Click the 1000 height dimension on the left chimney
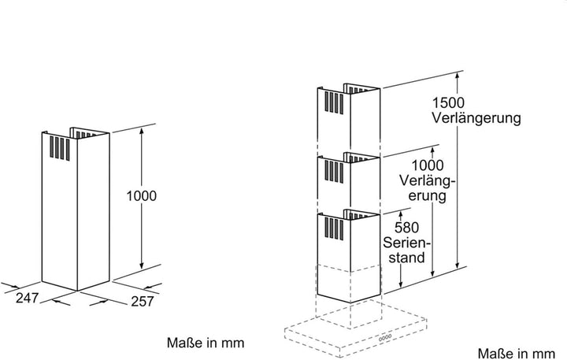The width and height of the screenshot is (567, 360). click(142, 196)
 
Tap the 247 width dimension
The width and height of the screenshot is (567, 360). click(27, 298)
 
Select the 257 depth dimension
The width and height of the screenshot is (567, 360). click(142, 301)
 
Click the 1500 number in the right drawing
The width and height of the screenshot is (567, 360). click(448, 102)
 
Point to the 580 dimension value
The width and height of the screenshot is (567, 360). click(407, 228)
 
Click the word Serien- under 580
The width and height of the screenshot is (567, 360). click(407, 243)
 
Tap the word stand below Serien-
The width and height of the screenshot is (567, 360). click(407, 258)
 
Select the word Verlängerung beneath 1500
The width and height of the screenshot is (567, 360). click(476, 119)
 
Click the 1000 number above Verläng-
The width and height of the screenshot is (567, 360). click(428, 165)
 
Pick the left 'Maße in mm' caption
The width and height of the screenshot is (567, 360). click(206, 343)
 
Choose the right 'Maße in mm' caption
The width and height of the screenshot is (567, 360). click(516, 353)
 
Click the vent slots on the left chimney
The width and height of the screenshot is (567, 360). click(60, 148)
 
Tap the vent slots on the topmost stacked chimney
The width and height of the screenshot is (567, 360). click(334, 102)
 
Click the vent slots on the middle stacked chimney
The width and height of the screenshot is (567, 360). click(334, 171)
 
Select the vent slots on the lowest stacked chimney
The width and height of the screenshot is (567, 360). click(334, 228)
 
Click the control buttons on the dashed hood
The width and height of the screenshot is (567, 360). click(385, 338)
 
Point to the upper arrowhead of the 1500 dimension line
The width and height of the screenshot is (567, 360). click(458, 76)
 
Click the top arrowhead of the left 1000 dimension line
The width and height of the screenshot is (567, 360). click(142, 131)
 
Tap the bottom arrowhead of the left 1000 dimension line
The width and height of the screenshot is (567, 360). click(142, 265)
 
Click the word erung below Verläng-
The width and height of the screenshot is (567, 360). click(428, 195)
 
